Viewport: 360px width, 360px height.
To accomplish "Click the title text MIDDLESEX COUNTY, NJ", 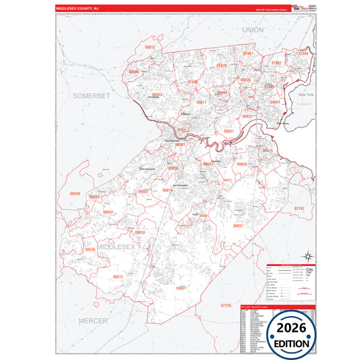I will pyautogui.click(x=80, y=8).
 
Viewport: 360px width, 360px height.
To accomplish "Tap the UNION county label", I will pyautogui.click(x=253, y=30).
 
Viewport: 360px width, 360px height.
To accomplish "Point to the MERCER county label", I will pyautogui.click(x=93, y=319).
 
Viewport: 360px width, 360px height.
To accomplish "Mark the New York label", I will pyautogui.click(x=306, y=95).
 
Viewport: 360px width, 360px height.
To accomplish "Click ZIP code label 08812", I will pyautogui.click(x=150, y=47).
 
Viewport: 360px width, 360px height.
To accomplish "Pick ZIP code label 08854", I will pyautogui.click(x=157, y=95).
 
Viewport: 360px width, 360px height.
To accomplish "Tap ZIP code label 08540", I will pyautogui.click(x=75, y=194).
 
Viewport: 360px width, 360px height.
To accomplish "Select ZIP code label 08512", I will pyautogui.click(x=118, y=276).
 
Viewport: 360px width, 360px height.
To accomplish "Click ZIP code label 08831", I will pyautogui.click(x=181, y=288).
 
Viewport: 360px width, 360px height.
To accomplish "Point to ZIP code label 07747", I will pyautogui.click(x=300, y=209).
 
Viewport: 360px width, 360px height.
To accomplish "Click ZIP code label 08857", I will pyautogui.click(x=238, y=226).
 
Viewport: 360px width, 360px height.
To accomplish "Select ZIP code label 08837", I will pyautogui.click(x=229, y=130).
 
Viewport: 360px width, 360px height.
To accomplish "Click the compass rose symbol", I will pyautogui.click(x=306, y=255).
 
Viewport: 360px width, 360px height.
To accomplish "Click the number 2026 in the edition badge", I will pyautogui.click(x=291, y=326).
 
